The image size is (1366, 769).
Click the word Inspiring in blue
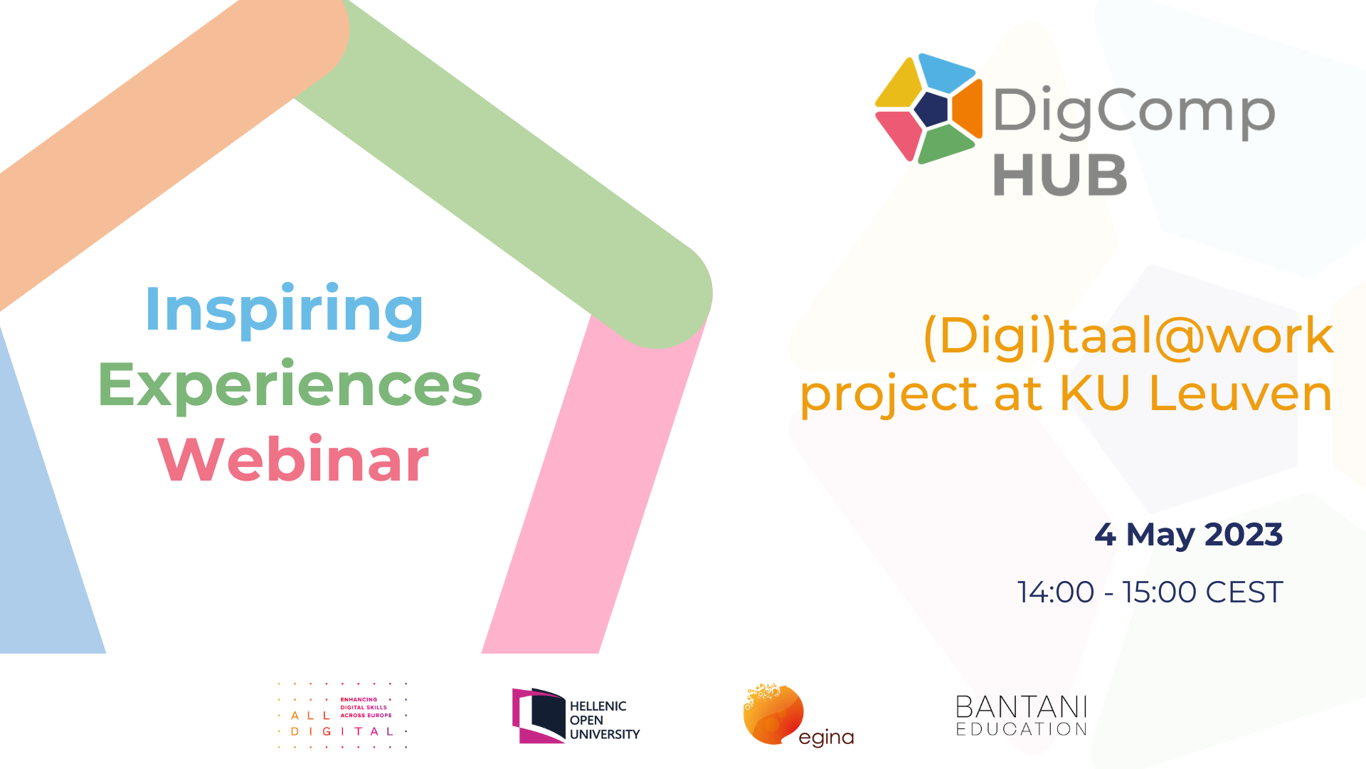pos(284,310)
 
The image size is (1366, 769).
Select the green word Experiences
pos(290,385)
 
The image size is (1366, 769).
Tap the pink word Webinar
pos(293,459)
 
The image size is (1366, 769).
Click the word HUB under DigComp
pos(1060,175)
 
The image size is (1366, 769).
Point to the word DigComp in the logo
pos(1134,113)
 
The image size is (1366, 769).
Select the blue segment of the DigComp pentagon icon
pos(947,72)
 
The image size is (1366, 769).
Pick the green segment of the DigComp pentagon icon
pos(946,145)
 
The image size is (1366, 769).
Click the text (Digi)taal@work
pos(1128,335)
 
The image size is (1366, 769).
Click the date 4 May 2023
pos(1188,535)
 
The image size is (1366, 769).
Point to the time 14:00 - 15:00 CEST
pos(1150,592)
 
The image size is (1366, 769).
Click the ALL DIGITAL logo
pos(342,716)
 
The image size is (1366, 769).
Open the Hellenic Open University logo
pos(576,716)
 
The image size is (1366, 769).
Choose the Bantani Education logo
pos(1022,716)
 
